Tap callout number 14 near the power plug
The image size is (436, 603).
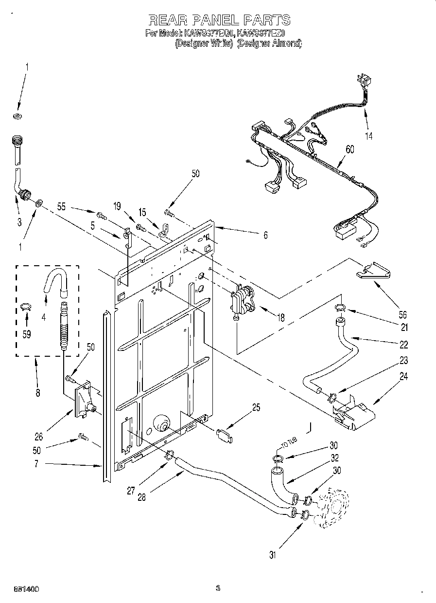click(x=369, y=136)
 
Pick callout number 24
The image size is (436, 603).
click(x=403, y=376)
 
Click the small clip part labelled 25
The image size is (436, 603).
click(x=224, y=433)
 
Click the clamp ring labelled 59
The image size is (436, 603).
click(x=26, y=306)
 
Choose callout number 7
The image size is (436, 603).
click(x=36, y=464)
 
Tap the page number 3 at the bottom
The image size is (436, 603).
click(x=218, y=588)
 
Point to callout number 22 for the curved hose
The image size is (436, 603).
click(x=403, y=345)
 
